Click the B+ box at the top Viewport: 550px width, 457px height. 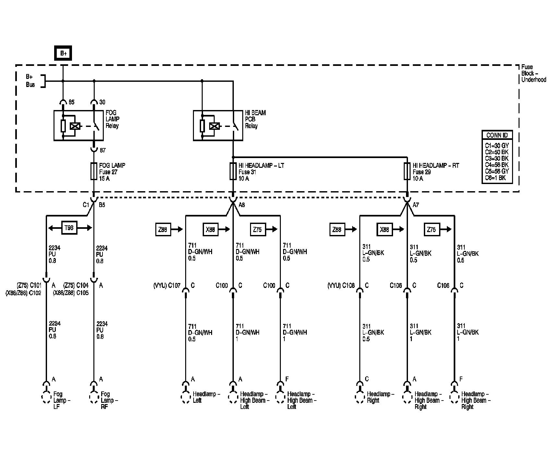click(63, 54)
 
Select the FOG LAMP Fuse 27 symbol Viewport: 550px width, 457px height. click(94, 171)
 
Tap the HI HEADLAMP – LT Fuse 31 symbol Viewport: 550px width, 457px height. click(233, 171)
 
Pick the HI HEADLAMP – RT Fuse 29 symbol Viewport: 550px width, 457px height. click(407, 171)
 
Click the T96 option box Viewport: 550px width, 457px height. click(69, 228)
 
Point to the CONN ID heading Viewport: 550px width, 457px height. click(497, 135)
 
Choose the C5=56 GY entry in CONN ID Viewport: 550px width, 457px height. click(497, 171)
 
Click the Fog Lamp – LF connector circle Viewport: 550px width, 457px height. click(46, 398)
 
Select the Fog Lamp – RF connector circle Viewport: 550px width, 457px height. click(94, 398)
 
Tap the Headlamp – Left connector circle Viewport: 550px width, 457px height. click(185, 398)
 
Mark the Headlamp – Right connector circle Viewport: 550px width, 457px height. click(360, 398)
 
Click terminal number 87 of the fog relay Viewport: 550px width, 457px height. click(103, 151)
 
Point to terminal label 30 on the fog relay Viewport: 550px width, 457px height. click(102, 102)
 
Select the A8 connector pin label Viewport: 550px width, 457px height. click(242, 205)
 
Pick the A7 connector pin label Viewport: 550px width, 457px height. click(416, 205)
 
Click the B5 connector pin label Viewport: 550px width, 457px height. click(102, 205)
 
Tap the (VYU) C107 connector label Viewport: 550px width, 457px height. click(167, 286)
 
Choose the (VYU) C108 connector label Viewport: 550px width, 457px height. click(341, 286)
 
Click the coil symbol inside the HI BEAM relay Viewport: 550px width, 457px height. click(214, 126)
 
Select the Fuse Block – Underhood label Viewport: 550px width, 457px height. click(533, 73)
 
